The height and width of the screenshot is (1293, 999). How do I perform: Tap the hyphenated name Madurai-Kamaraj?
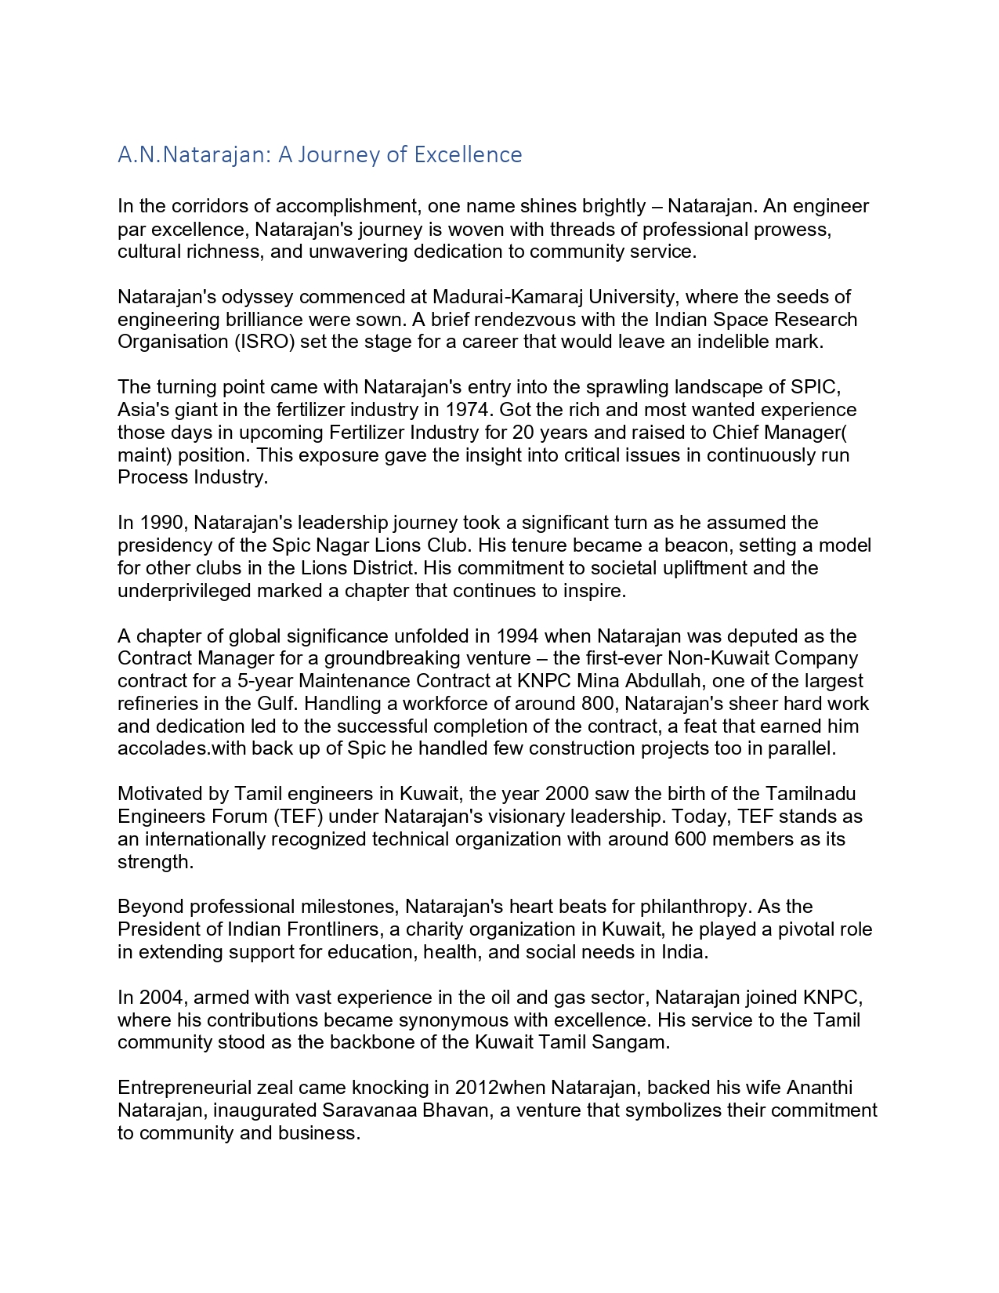499,297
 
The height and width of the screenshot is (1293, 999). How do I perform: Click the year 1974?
469,410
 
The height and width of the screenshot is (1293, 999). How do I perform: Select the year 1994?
518,636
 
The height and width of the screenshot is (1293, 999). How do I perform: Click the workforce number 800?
603,704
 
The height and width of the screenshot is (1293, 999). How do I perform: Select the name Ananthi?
820,1088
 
